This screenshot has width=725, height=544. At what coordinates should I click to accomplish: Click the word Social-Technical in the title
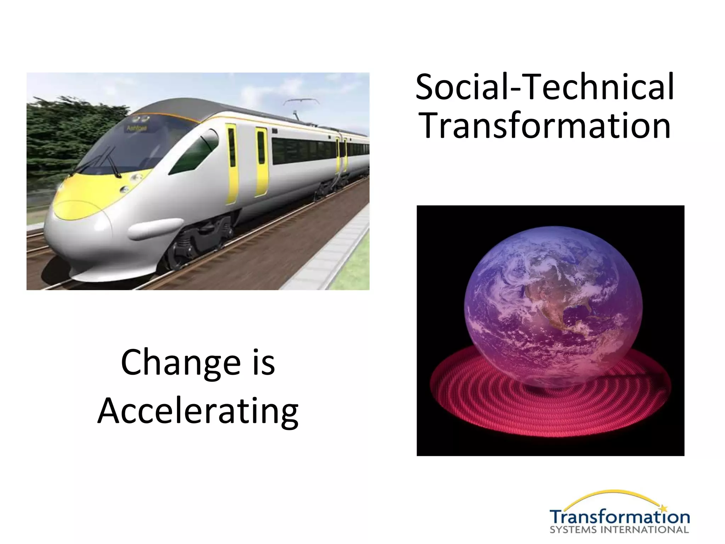(x=544, y=87)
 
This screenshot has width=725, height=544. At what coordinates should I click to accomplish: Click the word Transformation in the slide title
(x=544, y=126)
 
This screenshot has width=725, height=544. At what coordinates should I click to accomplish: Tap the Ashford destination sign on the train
(x=137, y=128)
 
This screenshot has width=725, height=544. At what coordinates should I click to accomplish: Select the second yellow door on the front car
(x=261, y=161)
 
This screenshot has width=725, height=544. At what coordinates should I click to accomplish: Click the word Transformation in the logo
(x=619, y=517)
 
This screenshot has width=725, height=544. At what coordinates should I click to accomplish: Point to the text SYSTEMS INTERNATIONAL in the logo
(x=619, y=530)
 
